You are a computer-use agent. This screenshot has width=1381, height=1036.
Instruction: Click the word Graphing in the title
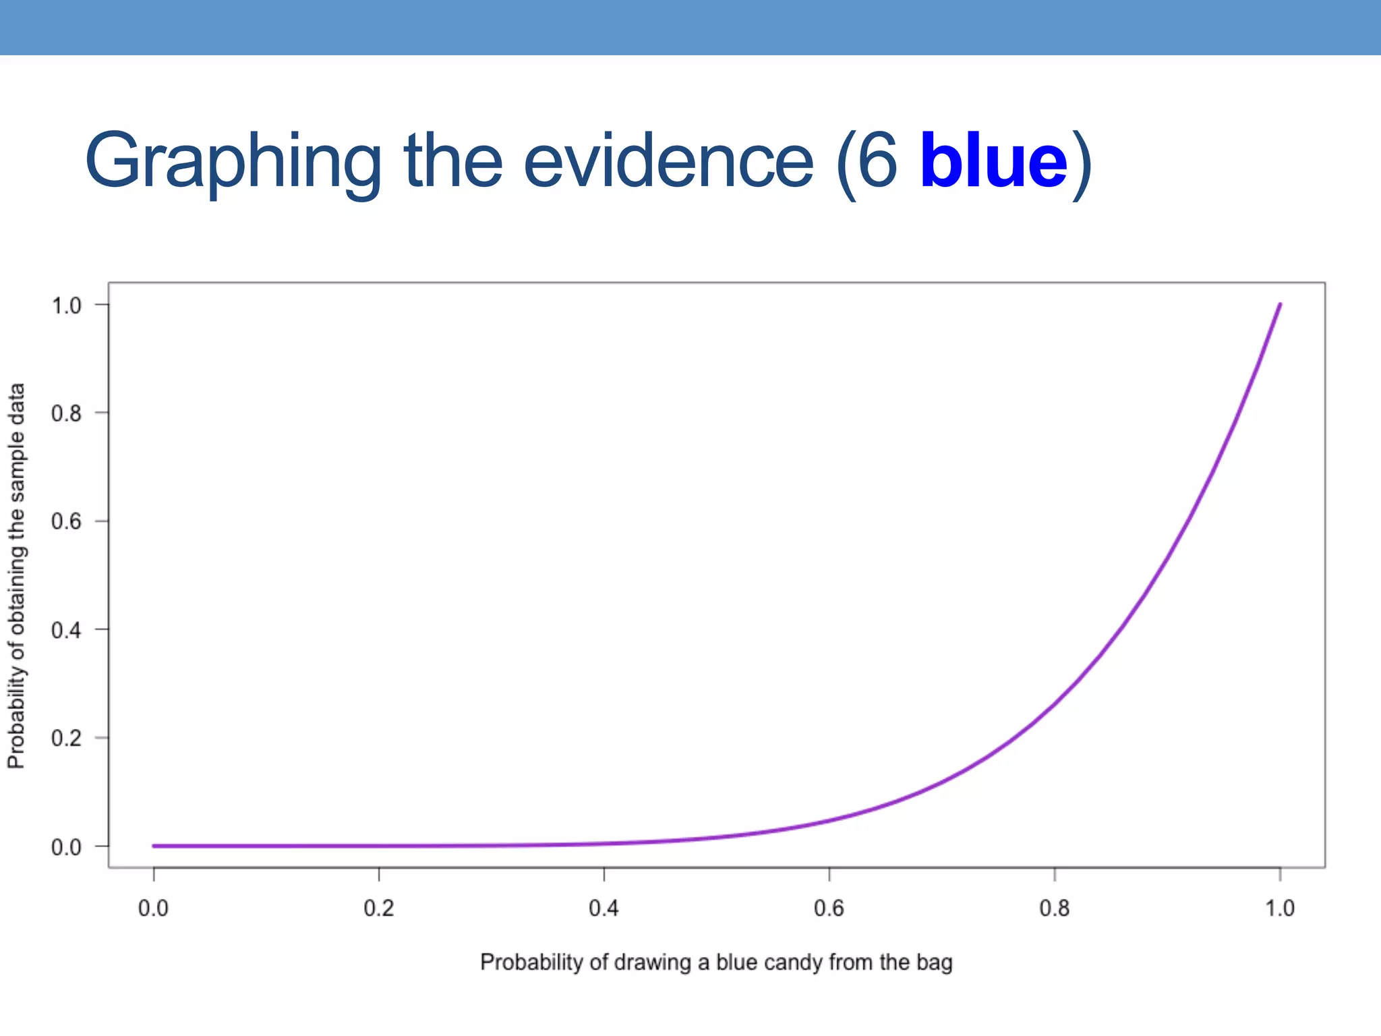click(x=233, y=162)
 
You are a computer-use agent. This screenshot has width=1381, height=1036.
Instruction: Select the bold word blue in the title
click(x=993, y=162)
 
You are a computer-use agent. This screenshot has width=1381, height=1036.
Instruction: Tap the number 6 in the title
click(x=879, y=162)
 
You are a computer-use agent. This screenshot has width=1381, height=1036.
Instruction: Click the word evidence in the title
click(x=668, y=162)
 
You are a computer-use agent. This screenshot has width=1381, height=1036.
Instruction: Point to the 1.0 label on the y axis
click(x=66, y=306)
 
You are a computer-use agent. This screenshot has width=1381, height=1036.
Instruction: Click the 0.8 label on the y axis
click(x=66, y=413)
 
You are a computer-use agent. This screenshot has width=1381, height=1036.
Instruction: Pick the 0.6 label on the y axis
click(x=66, y=521)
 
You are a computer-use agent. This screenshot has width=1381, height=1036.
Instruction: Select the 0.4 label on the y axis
click(x=66, y=630)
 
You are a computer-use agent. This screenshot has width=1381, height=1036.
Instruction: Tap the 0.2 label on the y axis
click(x=66, y=738)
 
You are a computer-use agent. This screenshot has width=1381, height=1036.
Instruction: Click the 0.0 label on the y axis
click(x=66, y=846)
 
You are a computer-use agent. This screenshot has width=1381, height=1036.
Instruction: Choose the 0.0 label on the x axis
click(x=153, y=909)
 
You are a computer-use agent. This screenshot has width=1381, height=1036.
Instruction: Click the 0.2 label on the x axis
click(x=378, y=909)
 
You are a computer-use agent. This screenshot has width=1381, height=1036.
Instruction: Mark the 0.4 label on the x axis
click(x=604, y=909)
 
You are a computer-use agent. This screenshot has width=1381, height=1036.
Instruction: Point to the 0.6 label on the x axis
click(x=829, y=909)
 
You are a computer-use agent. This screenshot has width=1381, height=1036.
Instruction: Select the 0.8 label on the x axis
click(x=1054, y=909)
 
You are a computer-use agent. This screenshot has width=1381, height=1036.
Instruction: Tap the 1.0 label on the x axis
click(x=1279, y=909)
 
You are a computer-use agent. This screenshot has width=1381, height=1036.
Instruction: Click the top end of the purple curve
click(x=1279, y=305)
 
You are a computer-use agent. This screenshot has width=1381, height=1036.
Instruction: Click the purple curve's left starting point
click(x=154, y=846)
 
